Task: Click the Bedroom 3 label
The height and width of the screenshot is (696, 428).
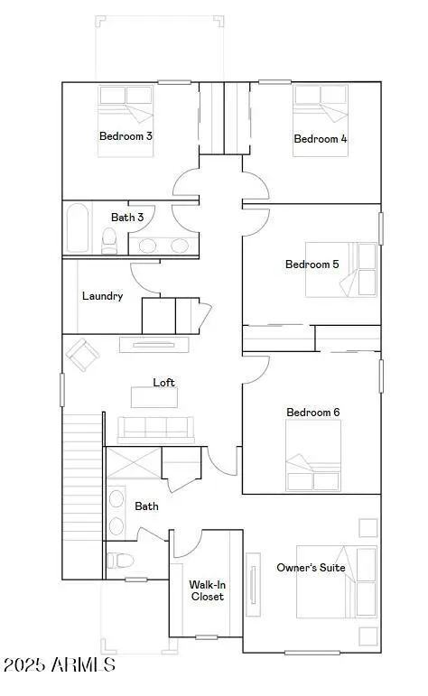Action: (126, 136)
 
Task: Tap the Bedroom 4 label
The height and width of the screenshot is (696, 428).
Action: (321, 139)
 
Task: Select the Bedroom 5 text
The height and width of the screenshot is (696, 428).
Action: (312, 264)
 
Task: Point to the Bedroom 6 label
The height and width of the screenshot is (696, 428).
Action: (312, 413)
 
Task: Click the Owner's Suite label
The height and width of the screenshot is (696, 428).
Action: (311, 567)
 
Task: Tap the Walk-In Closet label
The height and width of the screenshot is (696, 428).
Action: (208, 590)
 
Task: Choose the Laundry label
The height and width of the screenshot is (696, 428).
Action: (102, 296)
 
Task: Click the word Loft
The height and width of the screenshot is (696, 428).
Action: (163, 383)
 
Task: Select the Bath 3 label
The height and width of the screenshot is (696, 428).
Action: (127, 218)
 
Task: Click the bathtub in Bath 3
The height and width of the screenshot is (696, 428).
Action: (77, 229)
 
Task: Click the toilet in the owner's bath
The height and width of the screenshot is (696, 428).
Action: (115, 560)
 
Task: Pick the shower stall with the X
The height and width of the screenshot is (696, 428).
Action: (133, 468)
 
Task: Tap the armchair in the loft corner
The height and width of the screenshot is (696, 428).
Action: (82, 354)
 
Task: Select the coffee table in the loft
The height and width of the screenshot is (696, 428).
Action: (154, 397)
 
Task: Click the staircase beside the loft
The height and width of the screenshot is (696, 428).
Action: (83, 495)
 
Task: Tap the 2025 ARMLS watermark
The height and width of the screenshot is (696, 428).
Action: (60, 666)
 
